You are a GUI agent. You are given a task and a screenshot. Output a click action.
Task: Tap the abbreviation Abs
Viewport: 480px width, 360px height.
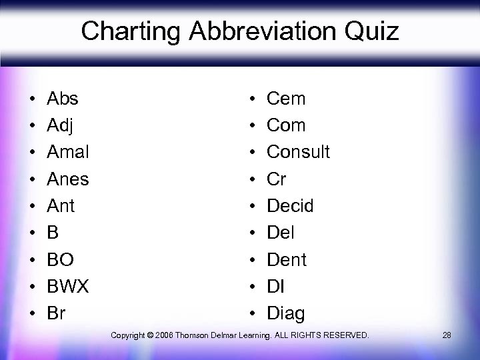[63, 99]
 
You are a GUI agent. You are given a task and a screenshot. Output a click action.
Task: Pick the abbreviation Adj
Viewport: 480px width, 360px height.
[60, 125]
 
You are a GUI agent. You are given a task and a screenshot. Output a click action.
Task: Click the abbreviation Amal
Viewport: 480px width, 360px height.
[68, 152]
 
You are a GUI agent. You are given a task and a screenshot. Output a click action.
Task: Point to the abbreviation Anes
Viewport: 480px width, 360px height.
[68, 179]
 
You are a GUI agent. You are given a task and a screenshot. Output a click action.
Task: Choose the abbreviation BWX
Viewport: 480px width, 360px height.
[68, 286]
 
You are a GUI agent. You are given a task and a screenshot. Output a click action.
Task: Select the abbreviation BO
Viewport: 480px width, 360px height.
[60, 259]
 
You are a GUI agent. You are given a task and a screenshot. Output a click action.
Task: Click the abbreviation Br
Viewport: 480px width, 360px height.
[56, 313]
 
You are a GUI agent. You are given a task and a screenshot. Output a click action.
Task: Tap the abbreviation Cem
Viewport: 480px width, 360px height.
[286, 99]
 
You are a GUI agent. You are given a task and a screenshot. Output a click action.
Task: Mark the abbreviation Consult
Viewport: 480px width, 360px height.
[298, 152]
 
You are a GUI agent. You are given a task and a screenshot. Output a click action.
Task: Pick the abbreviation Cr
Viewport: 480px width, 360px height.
[277, 179]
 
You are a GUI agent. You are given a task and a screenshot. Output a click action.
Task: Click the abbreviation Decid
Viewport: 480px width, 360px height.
[290, 205]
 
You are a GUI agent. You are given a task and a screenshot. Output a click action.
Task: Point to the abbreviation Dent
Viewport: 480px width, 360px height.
[287, 259]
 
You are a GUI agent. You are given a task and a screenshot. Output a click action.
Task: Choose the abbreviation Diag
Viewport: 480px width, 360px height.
[285, 313]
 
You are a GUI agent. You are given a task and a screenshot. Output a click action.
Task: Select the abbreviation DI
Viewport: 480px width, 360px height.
[275, 286]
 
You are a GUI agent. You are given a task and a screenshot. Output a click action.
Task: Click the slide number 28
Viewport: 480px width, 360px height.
[447, 334]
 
